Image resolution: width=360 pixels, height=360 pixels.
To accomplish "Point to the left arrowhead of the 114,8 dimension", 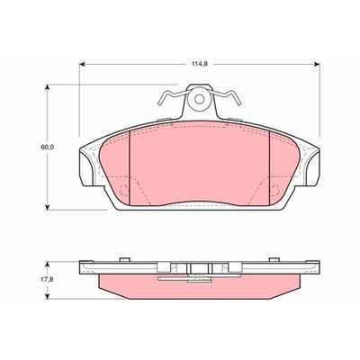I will (x=84, y=65).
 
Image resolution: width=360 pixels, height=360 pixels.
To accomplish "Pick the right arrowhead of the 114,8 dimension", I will (x=318, y=65).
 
